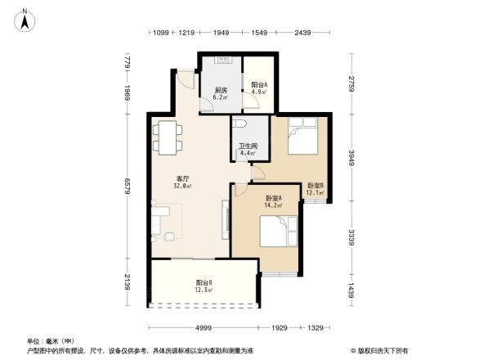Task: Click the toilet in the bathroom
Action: click(x=238, y=125)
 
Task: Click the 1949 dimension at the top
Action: click(x=221, y=34)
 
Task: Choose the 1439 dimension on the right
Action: click(x=351, y=291)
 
